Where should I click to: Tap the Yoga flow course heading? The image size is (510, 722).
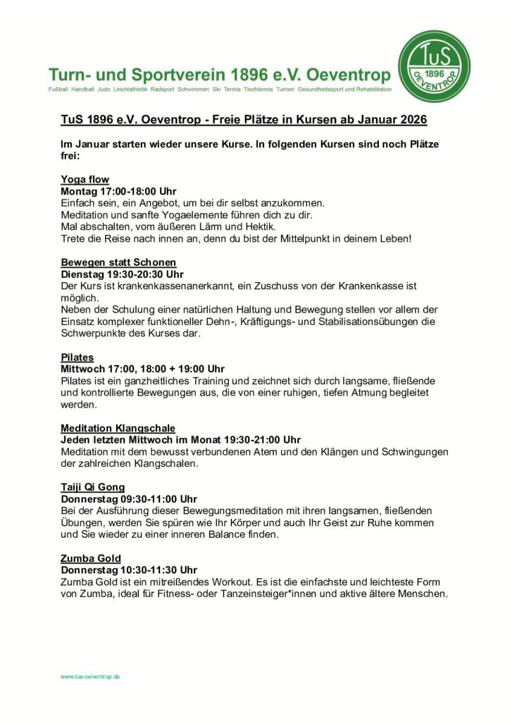(x=85, y=179)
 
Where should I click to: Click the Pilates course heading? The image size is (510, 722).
(x=77, y=357)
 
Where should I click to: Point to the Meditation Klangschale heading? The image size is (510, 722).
(x=118, y=428)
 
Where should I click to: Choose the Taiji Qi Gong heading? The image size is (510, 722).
(x=93, y=487)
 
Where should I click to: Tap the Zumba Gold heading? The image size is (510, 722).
(x=91, y=558)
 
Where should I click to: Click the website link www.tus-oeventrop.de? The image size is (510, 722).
(x=90, y=676)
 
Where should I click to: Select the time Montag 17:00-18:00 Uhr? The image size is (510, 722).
(x=118, y=191)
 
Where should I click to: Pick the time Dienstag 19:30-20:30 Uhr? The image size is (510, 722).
(x=122, y=274)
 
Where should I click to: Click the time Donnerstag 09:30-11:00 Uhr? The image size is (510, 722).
(x=129, y=499)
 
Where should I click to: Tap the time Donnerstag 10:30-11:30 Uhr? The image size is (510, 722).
(x=129, y=570)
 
